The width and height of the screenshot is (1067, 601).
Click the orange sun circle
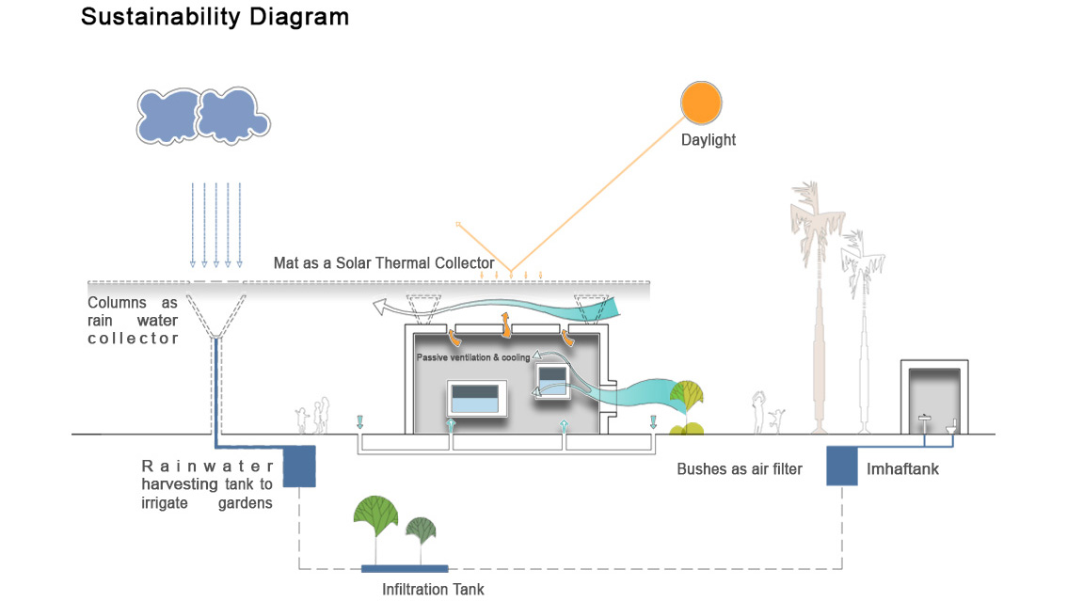[701, 103]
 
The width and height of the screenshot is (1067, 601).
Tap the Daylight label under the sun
[709, 140]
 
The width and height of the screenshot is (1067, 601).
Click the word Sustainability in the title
[161, 17]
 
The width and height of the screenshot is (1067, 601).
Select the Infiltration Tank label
[433, 589]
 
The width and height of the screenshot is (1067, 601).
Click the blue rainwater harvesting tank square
[299, 467]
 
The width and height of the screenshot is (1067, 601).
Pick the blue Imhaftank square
[842, 466]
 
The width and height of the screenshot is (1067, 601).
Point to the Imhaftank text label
[902, 468]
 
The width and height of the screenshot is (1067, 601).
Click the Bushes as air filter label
[739, 468]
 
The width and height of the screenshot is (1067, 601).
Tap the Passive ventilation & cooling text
[473, 357]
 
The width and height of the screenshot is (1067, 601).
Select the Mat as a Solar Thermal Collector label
[384, 263]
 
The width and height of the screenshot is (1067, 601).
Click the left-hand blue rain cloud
[167, 117]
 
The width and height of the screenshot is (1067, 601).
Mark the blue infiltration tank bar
[405, 568]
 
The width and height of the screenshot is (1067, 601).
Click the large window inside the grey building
[476, 399]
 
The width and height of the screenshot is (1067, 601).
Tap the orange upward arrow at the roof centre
[505, 325]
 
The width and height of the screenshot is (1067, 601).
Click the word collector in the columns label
[134, 339]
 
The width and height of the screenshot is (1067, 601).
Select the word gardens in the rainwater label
[245, 503]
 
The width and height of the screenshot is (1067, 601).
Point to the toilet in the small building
[951, 426]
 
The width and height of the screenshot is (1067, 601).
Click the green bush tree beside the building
[687, 406]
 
